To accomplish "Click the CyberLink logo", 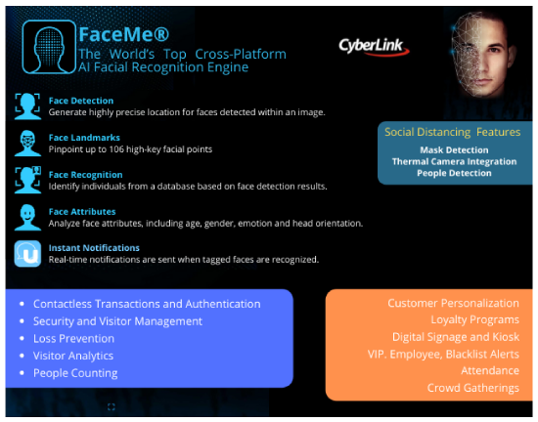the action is [x=374, y=47].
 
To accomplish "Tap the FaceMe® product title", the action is [x=124, y=34].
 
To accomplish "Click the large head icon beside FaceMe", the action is [x=49, y=47].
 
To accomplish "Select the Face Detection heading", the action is [x=81, y=101].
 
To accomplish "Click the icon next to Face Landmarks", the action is [x=27, y=144].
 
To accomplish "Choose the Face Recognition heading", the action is [x=85, y=175].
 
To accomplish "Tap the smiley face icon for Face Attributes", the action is [x=27, y=218].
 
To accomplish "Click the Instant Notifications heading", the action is [x=94, y=248].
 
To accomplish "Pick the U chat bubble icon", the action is [x=27, y=254].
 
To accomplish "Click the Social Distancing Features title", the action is [x=452, y=132].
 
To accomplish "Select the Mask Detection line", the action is [x=454, y=150].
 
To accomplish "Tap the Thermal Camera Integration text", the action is [x=454, y=162].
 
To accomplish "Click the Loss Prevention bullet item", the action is [x=73, y=338].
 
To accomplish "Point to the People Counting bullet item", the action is [x=75, y=373].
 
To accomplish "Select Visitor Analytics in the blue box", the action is [x=73, y=356].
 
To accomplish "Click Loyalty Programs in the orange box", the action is [x=474, y=320].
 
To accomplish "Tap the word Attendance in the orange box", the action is [x=490, y=370].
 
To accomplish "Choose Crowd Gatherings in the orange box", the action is [x=472, y=388].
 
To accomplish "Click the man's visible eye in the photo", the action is [x=494, y=51].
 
